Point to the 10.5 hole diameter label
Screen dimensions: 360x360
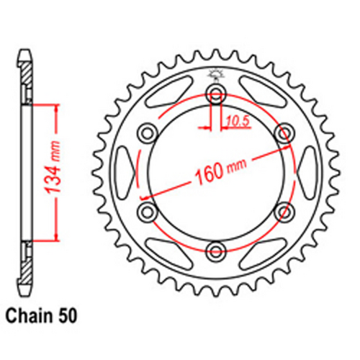coord(234,124)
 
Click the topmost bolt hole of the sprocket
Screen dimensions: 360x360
coord(215,92)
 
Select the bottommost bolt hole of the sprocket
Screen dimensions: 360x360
coord(215,249)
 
